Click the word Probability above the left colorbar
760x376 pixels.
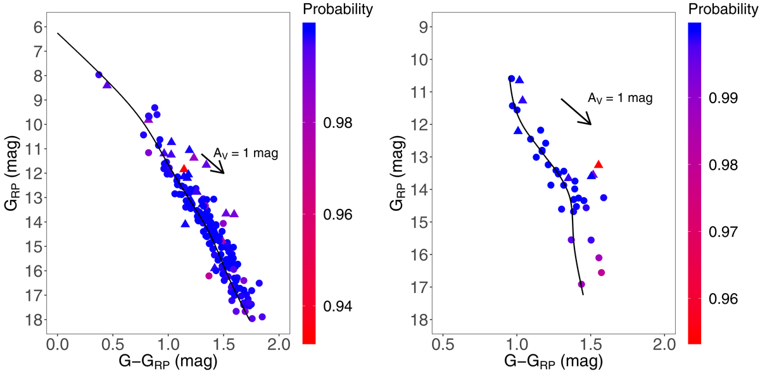pos(338,9)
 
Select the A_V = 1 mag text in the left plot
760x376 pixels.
pos(246,153)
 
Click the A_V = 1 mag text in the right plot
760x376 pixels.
pos(620,98)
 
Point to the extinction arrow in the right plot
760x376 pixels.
pos(576,111)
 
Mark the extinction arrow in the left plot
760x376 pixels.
pos(213,163)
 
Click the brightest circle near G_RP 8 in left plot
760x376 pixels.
pos(99,75)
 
